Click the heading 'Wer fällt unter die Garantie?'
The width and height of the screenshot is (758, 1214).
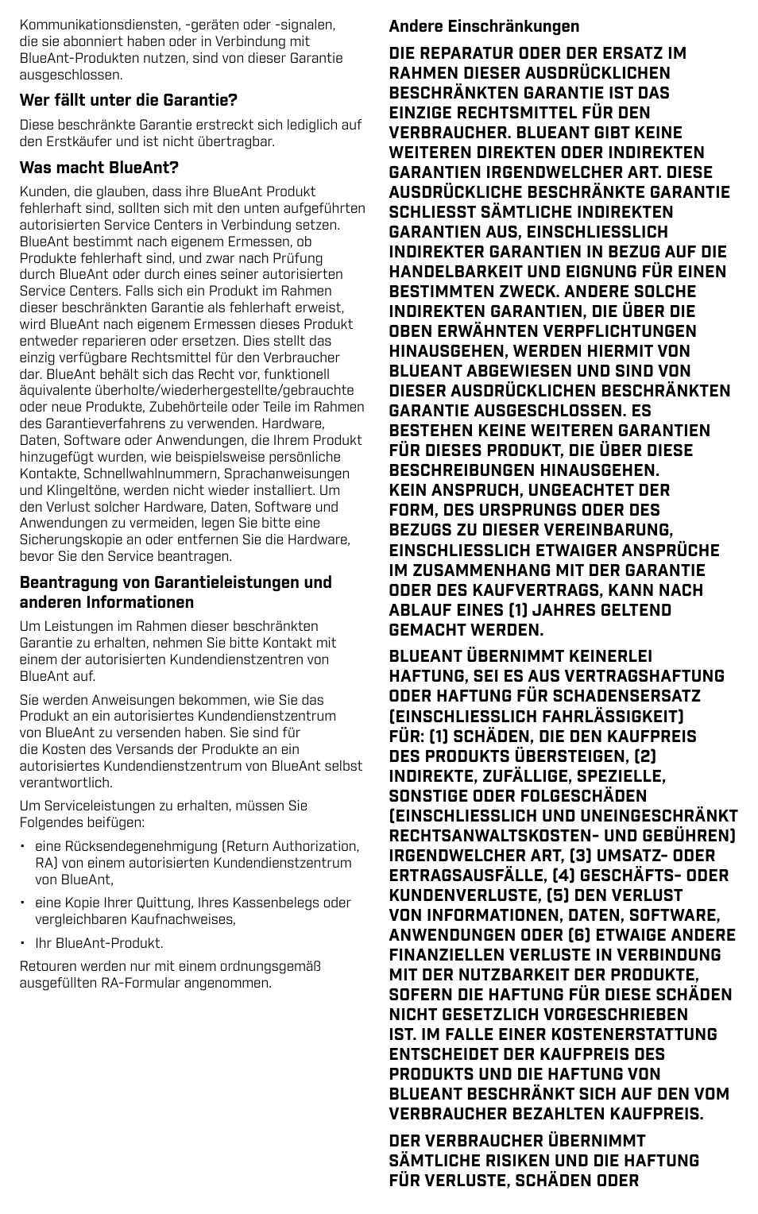[129, 100]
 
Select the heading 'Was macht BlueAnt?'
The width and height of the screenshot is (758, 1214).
[99, 168]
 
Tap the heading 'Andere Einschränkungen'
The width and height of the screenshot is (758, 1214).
[484, 26]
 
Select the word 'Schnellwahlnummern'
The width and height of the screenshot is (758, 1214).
[145, 474]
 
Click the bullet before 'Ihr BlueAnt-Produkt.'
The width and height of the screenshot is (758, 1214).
[24, 944]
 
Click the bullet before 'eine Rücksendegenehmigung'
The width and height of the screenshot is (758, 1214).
[24, 847]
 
